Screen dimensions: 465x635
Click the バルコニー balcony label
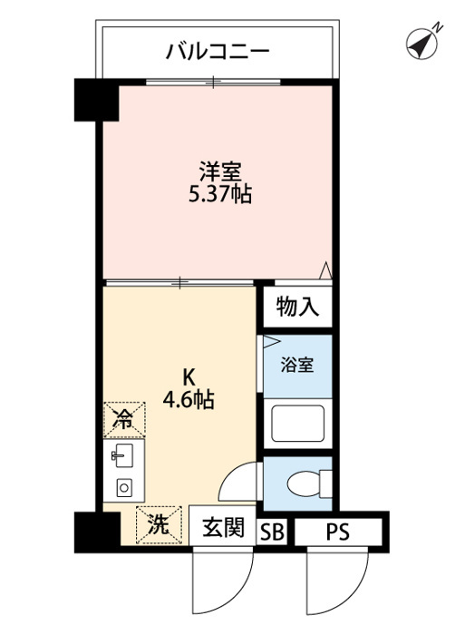(x=218, y=52)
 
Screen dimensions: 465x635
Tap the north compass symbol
(x=422, y=44)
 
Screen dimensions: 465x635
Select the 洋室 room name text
(x=220, y=172)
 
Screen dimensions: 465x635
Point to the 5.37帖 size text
(x=220, y=195)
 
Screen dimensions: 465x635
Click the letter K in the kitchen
(x=189, y=377)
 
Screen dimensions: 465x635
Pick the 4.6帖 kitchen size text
(x=189, y=400)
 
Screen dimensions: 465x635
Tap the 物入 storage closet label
(x=297, y=307)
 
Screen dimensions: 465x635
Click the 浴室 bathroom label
(x=297, y=366)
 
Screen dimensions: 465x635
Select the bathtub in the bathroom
(x=298, y=424)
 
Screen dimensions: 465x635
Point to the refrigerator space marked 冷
(x=124, y=419)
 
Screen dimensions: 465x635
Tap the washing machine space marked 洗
(x=159, y=525)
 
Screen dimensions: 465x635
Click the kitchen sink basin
(x=124, y=455)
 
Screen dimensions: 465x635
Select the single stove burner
(x=124, y=488)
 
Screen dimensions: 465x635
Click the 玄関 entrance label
(x=223, y=528)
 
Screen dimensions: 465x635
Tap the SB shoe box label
(x=272, y=532)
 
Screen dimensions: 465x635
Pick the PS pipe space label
(x=338, y=532)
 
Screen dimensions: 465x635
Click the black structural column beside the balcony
(x=96, y=100)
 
